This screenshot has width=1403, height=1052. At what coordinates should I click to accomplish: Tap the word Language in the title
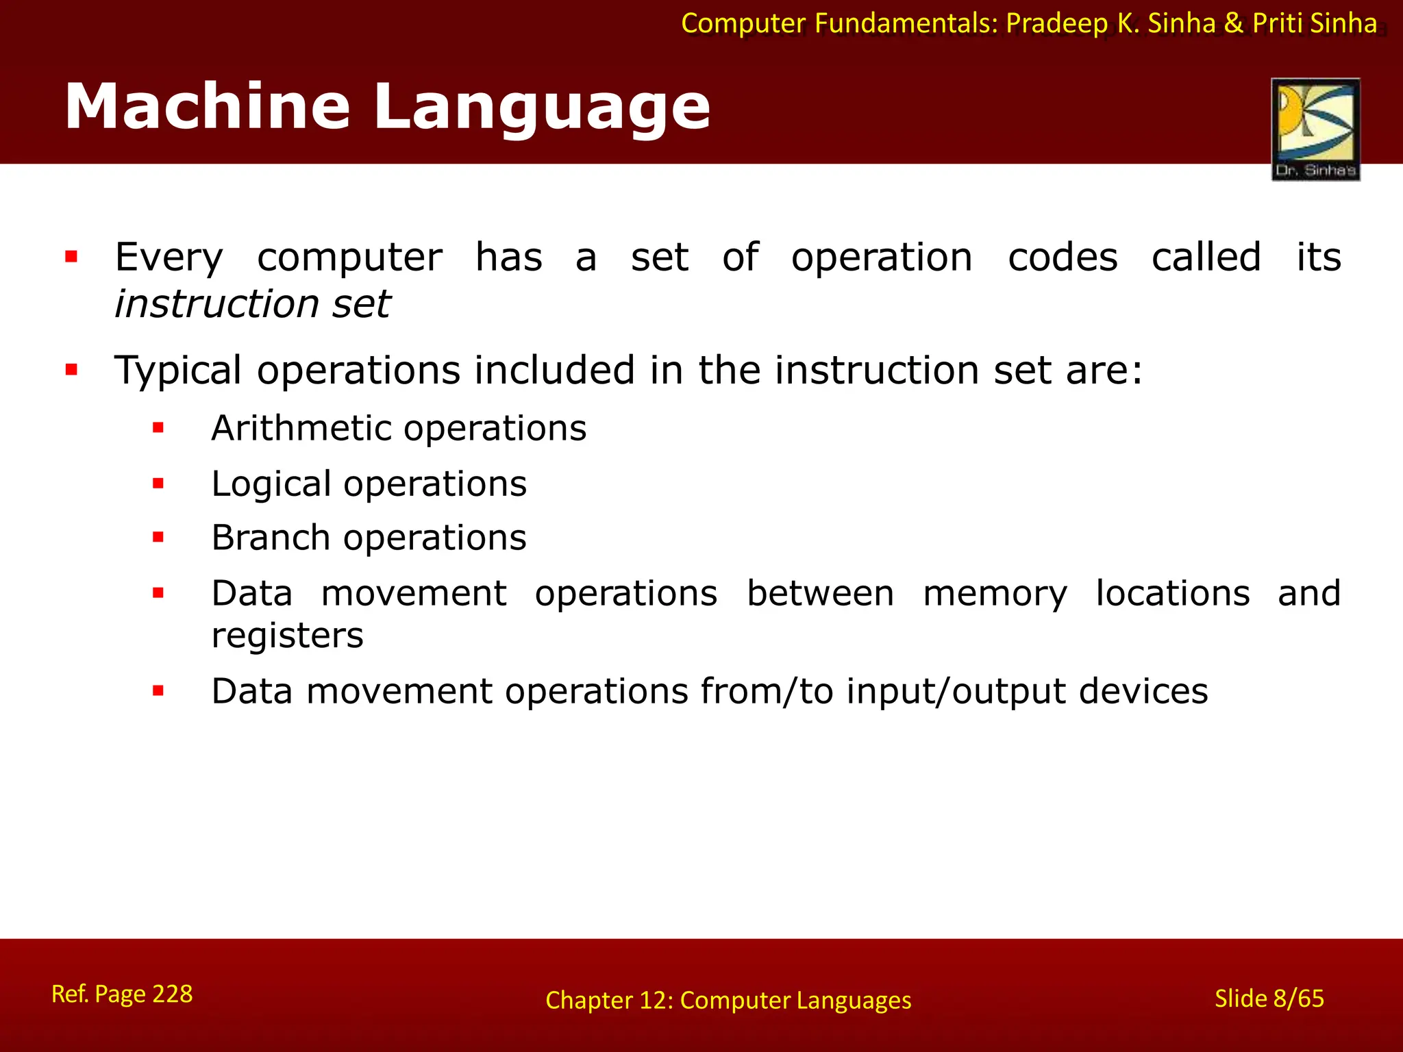[x=541, y=108]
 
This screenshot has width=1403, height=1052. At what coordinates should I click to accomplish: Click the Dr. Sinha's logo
[x=1315, y=129]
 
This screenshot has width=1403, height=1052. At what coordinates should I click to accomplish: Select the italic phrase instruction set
[x=252, y=304]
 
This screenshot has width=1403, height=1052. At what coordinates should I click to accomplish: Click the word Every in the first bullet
[x=169, y=258]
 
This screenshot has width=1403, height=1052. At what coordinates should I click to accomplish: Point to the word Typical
[x=178, y=371]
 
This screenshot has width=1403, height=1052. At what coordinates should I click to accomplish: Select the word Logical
[x=271, y=484]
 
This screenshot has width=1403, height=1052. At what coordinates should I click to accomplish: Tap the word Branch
[x=271, y=538]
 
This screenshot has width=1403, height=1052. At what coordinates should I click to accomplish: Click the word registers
[x=287, y=636]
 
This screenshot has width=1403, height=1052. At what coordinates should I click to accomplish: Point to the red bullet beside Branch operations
[x=158, y=538]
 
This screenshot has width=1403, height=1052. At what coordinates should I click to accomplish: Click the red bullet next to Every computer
[x=71, y=258]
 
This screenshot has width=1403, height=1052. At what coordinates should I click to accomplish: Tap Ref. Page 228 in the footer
[x=122, y=994]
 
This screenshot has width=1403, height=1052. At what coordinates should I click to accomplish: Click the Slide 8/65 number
[x=1269, y=999]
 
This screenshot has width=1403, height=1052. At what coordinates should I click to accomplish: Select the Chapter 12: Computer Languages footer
[x=728, y=1001]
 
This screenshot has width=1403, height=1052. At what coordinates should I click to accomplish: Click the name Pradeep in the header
[x=1057, y=24]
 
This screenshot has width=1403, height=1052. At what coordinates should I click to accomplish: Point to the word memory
[x=995, y=594]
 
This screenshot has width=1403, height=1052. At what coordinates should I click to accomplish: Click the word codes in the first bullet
[x=1063, y=258]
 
